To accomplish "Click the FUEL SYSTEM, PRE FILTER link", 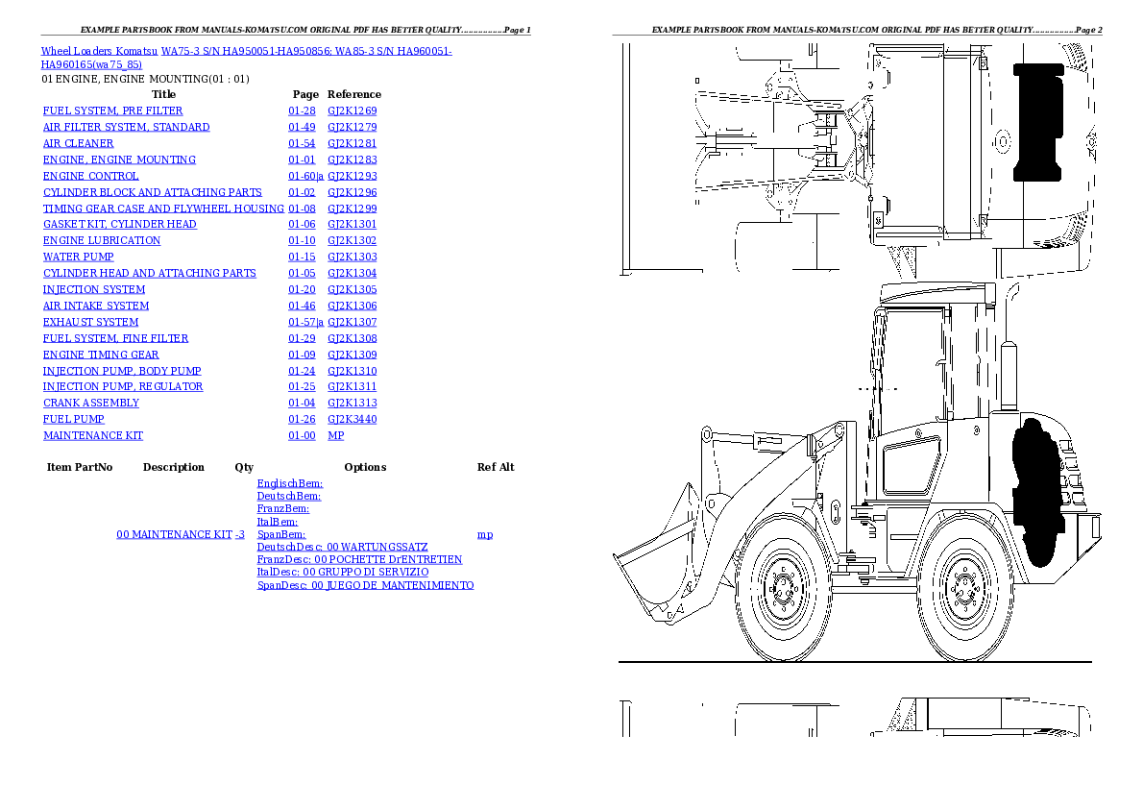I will click(x=112, y=111).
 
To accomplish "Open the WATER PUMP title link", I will click(x=78, y=257).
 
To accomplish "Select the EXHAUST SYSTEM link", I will click(x=90, y=323).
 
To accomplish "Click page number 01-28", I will click(x=302, y=111).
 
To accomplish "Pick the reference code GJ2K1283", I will click(x=352, y=160).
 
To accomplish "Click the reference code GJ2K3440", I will click(x=352, y=420).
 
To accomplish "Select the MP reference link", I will click(x=335, y=436).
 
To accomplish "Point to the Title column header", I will click(x=164, y=95).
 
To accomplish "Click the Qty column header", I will click(x=244, y=468).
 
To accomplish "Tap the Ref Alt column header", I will click(x=496, y=468).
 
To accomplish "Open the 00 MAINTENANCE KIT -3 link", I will click(x=180, y=534).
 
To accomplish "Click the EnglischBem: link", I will click(x=290, y=484).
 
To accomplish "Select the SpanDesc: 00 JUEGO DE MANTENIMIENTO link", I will click(x=365, y=586).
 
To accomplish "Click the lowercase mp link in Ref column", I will click(x=485, y=535).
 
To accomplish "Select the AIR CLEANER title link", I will click(x=78, y=144).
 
